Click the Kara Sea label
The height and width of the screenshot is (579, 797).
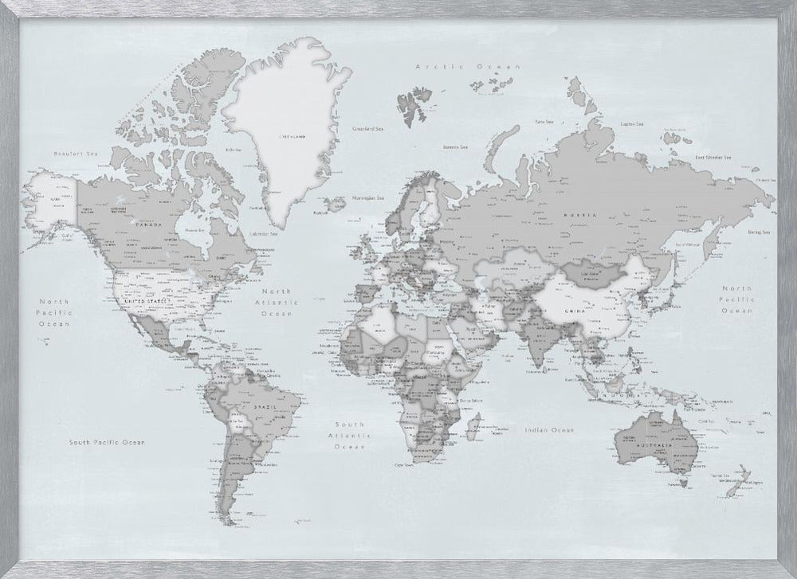544,122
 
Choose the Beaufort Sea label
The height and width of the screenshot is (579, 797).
69,153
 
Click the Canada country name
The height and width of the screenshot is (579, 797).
152,224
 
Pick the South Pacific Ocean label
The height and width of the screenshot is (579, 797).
108,441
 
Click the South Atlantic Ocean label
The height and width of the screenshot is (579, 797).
349,436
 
